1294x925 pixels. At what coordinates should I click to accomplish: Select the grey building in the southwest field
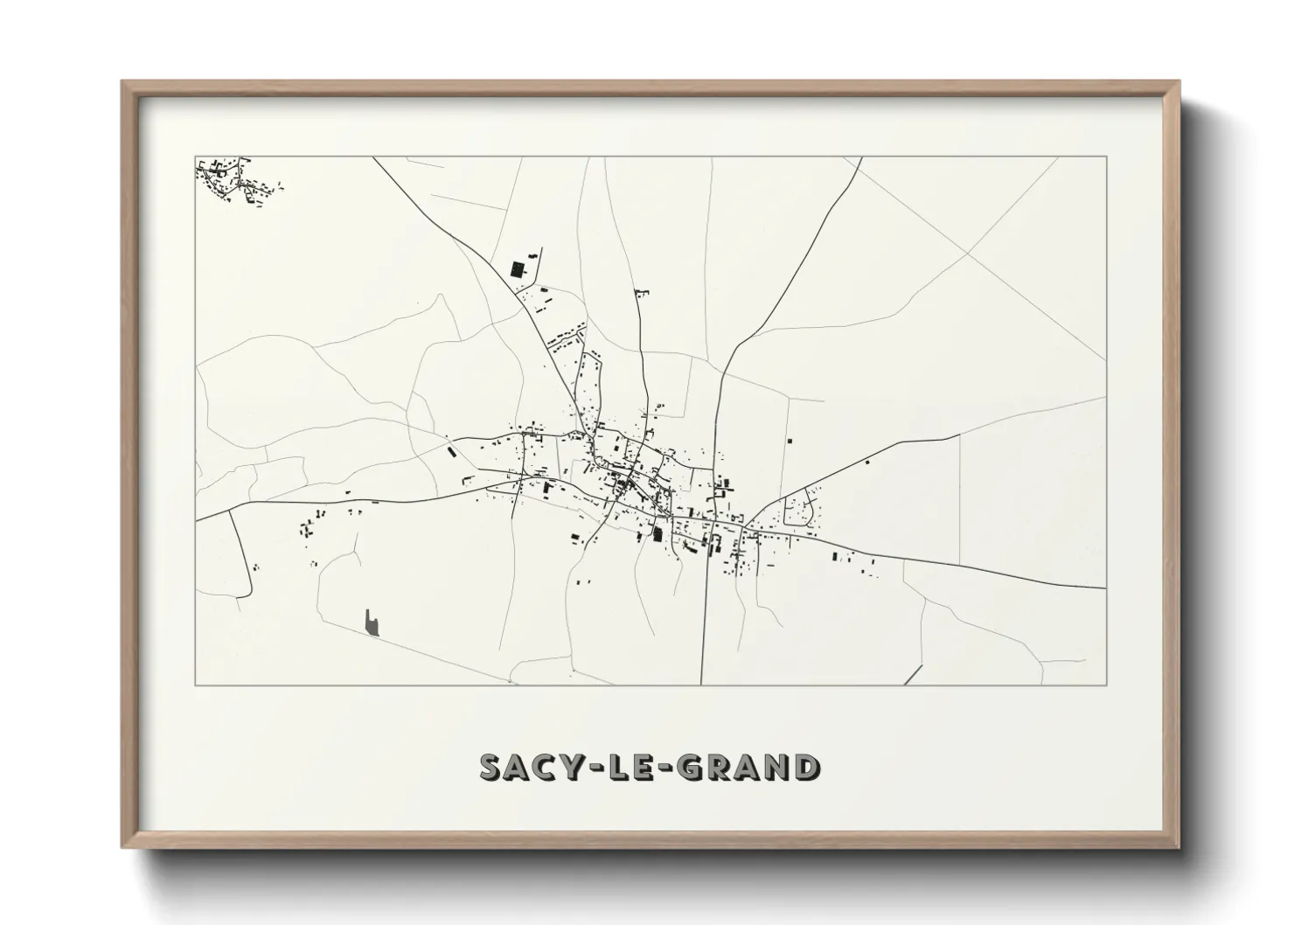pos(372,622)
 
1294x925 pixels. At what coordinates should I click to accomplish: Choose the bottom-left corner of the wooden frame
pos(123,847)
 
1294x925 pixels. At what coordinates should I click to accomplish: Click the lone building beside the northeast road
pos(866,461)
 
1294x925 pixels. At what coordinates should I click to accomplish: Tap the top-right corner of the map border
pos(1106,156)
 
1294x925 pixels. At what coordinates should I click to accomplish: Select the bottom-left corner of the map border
pos(196,685)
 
